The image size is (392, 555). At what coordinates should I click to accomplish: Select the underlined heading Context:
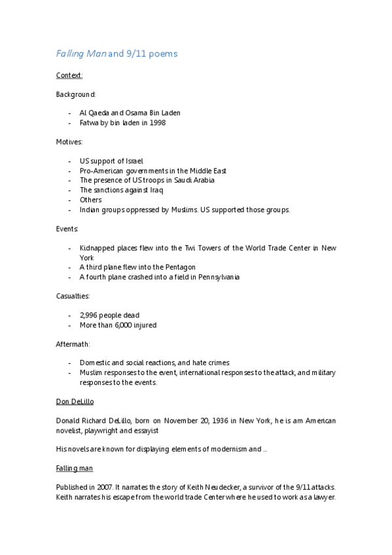[69, 76]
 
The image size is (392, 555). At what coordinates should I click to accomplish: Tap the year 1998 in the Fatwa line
[156, 122]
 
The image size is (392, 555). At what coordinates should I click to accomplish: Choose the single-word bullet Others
[90, 200]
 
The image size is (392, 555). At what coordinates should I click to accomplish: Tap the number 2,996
[89, 315]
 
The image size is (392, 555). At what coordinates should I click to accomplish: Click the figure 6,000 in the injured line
[124, 325]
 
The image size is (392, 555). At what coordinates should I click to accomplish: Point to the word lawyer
[321, 497]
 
